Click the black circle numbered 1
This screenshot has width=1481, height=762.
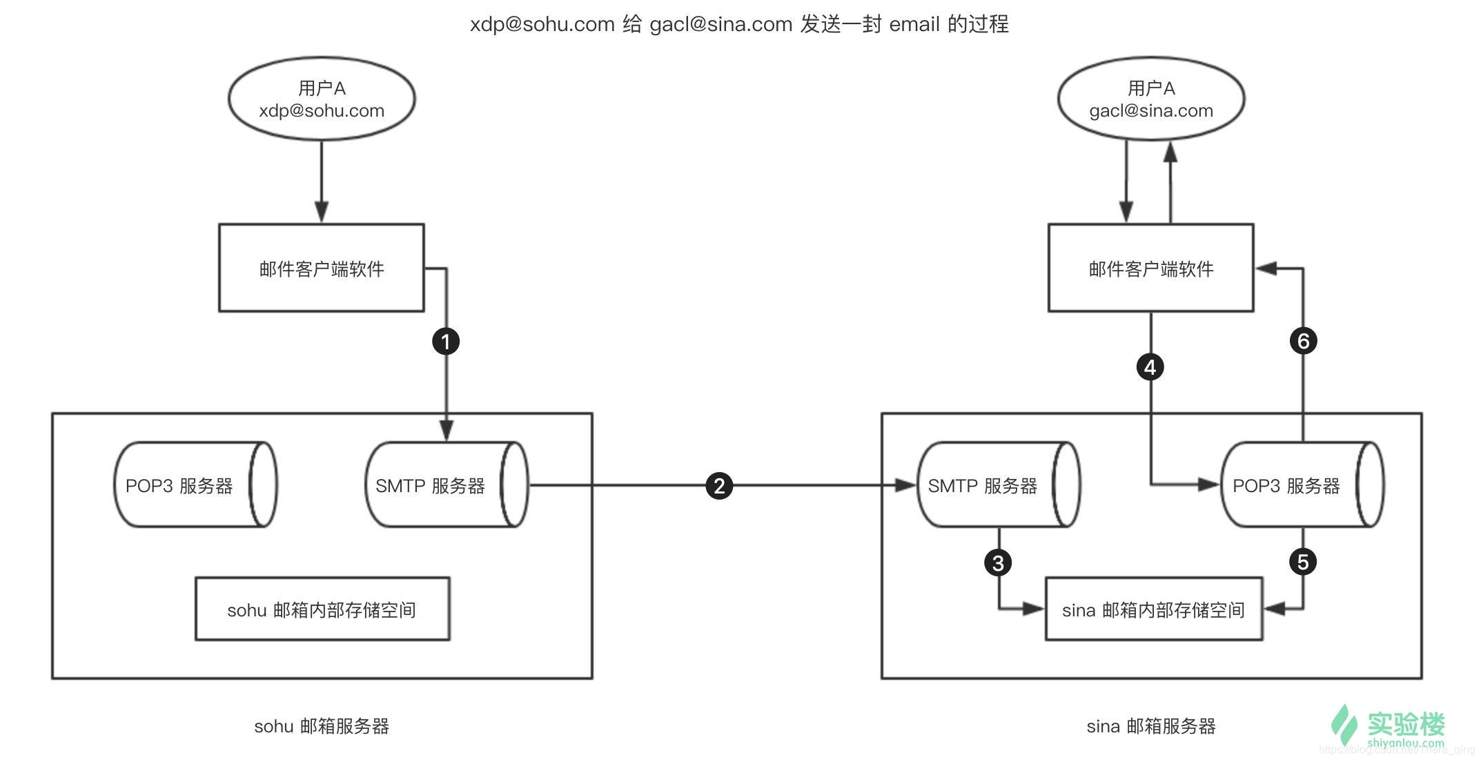tap(446, 341)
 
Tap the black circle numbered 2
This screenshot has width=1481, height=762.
tap(719, 486)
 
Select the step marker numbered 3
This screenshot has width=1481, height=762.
tap(998, 563)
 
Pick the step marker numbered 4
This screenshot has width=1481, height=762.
tap(1150, 367)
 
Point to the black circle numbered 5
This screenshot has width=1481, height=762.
tap(1303, 562)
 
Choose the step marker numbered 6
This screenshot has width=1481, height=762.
tap(1303, 341)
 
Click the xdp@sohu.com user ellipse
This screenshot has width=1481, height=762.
tap(322, 99)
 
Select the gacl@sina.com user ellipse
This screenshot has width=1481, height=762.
tap(1151, 99)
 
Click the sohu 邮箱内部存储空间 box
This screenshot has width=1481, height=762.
tap(322, 609)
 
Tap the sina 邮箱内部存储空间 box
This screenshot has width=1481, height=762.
tap(1154, 609)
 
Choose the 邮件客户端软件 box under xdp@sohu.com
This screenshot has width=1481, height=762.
tap(322, 268)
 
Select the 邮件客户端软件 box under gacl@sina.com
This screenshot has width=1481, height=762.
tap(1150, 268)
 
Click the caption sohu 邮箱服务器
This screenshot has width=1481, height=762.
tap(322, 726)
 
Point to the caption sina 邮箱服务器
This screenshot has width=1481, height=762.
tap(1151, 726)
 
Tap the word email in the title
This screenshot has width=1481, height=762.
tap(914, 24)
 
